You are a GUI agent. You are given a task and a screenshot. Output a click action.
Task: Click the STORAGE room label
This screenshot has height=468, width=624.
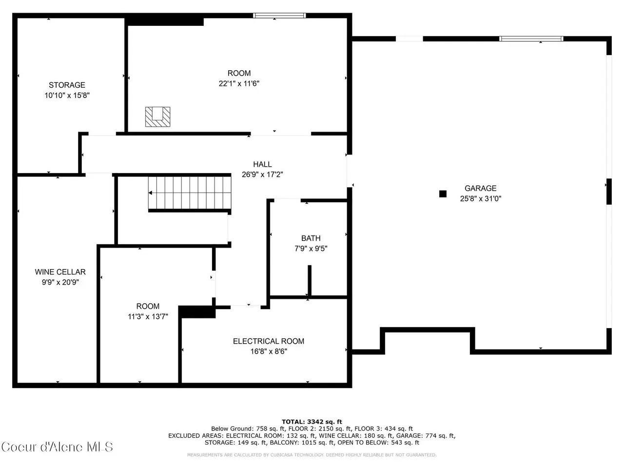pyautogui.click(x=67, y=85)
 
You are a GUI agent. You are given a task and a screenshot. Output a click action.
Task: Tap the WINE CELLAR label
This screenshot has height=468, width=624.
pyautogui.click(x=60, y=272)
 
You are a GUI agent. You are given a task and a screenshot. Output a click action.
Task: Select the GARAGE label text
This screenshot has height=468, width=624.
pyautogui.click(x=481, y=188)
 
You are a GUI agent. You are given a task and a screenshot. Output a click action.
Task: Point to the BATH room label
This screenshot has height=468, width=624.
pyautogui.click(x=311, y=238)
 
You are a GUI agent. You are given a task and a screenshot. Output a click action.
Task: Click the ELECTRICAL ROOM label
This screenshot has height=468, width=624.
pyautogui.click(x=269, y=341)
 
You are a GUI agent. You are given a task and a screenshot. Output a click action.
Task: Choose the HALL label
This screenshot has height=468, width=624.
pyautogui.click(x=262, y=164)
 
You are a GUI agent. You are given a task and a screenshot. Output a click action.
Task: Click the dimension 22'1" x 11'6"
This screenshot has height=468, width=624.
pyautogui.click(x=239, y=83)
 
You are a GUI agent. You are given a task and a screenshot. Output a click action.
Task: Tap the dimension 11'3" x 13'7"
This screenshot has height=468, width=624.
pyautogui.click(x=148, y=316)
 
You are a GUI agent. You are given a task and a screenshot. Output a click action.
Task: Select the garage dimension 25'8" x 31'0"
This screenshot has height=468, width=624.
pyautogui.click(x=481, y=198)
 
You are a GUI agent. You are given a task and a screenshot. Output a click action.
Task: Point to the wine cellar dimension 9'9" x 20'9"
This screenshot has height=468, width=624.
pyautogui.click(x=60, y=282)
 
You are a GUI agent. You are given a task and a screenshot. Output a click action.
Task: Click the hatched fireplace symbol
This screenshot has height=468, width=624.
pyautogui.click(x=158, y=117)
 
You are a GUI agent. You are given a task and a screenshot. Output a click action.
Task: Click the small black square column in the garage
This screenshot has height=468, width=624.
pyautogui.click(x=443, y=194)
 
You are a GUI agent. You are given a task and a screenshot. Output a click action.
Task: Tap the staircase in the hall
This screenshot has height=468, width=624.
pyautogui.click(x=190, y=193)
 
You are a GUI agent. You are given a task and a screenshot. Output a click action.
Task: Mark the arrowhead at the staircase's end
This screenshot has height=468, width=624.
pyautogui.click(x=150, y=193)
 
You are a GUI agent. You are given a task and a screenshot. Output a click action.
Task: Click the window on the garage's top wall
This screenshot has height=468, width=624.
pyautogui.click(x=531, y=39)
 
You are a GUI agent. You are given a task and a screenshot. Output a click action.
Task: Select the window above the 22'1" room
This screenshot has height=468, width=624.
pyautogui.click(x=279, y=15)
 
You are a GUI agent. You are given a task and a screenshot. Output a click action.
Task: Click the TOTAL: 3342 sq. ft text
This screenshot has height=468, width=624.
pyautogui.click(x=312, y=422)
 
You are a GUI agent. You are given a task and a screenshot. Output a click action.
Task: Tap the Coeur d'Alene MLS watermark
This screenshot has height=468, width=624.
pyautogui.click(x=57, y=447)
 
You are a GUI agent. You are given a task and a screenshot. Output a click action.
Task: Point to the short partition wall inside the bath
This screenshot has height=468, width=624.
pyautogui.click(x=310, y=280)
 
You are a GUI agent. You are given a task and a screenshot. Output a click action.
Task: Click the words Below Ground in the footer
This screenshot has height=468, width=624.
pyautogui.click(x=232, y=429)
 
